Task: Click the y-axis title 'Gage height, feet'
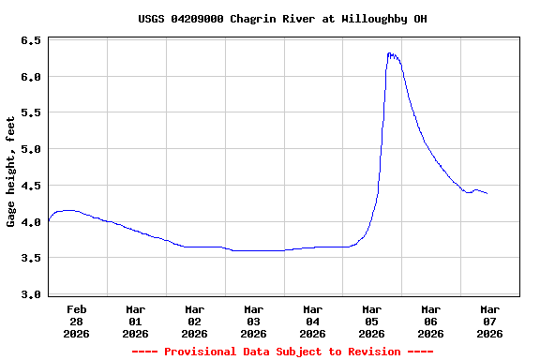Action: (11, 172)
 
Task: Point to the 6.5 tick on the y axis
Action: (30, 41)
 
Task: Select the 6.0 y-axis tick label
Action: (30, 77)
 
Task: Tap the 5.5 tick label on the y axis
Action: (30, 112)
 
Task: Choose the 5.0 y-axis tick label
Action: (30, 149)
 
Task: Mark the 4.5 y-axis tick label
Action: (30, 186)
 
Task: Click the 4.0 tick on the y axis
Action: (30, 222)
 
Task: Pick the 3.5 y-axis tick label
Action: (30, 258)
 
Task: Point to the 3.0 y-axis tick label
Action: (30, 294)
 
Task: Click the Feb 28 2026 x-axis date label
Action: (77, 321)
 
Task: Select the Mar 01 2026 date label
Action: (136, 321)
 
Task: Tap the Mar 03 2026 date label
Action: (254, 321)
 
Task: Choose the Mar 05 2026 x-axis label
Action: (372, 321)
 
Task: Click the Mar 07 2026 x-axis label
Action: (489, 321)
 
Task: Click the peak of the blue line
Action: (389, 53)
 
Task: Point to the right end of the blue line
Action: (487, 193)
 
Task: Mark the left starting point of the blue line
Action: (48, 221)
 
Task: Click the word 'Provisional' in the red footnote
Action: (201, 352)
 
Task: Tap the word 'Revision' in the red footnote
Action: (373, 352)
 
